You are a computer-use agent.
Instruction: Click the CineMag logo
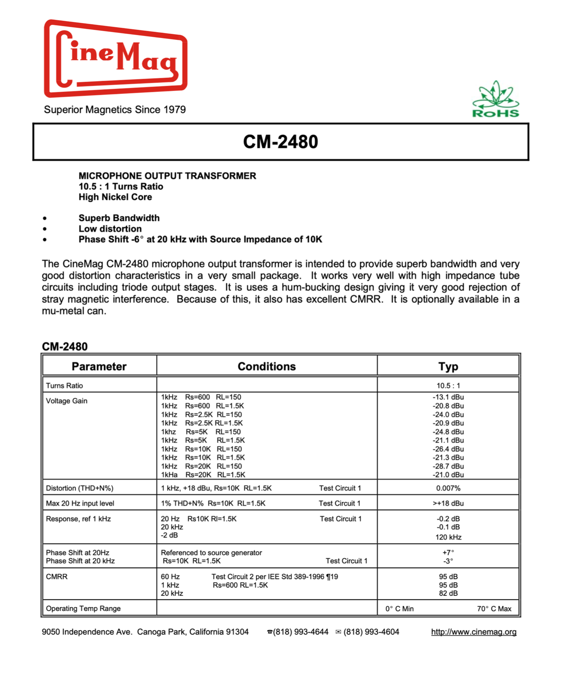(x=115, y=58)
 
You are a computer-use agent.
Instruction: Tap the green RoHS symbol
(x=496, y=100)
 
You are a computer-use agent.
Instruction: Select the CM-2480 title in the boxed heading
(x=280, y=142)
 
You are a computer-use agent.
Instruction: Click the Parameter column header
(x=99, y=366)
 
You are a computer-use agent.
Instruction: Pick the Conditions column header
(x=266, y=366)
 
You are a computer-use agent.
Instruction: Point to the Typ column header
(x=448, y=366)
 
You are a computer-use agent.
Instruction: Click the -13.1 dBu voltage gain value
(x=448, y=397)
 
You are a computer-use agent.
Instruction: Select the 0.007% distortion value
(x=448, y=488)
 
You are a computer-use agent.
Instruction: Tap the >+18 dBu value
(x=448, y=504)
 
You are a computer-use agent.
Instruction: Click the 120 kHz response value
(x=448, y=537)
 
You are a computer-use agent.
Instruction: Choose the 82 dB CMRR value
(x=448, y=594)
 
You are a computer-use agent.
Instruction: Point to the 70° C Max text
(x=494, y=609)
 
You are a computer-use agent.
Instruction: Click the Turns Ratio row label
(x=64, y=386)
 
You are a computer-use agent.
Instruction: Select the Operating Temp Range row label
(x=83, y=609)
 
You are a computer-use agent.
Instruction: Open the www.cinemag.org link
(x=474, y=632)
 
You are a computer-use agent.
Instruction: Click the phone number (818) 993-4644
(x=300, y=632)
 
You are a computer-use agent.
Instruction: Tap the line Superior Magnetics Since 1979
(x=115, y=110)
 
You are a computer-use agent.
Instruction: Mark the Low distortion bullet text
(x=110, y=229)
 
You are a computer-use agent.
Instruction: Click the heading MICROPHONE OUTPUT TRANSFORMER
(x=167, y=176)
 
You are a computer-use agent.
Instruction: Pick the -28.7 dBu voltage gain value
(x=448, y=466)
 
